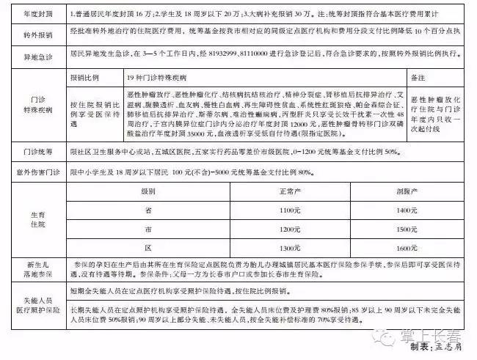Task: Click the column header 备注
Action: (x=419, y=78)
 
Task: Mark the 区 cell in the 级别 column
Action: (x=149, y=248)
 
